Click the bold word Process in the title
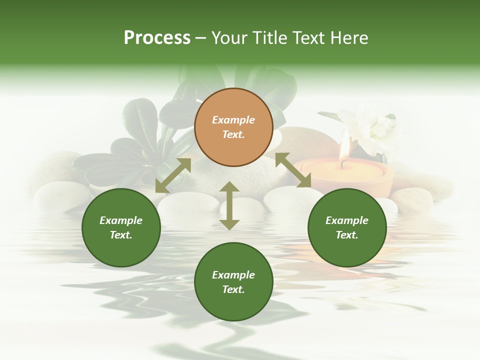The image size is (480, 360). click(x=157, y=38)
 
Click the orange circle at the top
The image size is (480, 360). click(x=233, y=127)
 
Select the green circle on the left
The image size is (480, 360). click(x=121, y=227)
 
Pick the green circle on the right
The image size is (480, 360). click(x=347, y=227)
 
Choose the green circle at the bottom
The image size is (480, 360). click(x=233, y=282)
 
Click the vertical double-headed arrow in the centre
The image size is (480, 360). click(x=229, y=205)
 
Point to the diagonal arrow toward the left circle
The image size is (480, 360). click(x=173, y=175)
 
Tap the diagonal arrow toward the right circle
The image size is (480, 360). click(x=293, y=170)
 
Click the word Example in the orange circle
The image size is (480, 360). click(x=233, y=120)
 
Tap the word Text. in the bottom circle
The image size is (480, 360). click(x=233, y=289)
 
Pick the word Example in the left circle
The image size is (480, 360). click(x=121, y=220)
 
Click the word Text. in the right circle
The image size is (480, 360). click(x=347, y=235)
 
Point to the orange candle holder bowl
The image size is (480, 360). click(x=350, y=177)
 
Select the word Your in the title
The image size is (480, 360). click(x=227, y=38)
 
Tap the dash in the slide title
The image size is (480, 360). click(x=201, y=38)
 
